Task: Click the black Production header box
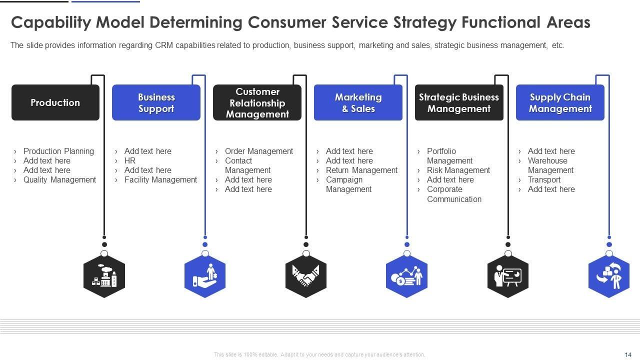click(x=55, y=102)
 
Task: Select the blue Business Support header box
click(x=156, y=102)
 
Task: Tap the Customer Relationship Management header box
click(x=257, y=102)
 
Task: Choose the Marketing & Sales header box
click(x=358, y=102)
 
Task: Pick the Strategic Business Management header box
click(x=459, y=102)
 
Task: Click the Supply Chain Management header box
click(x=560, y=102)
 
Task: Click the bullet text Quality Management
click(x=59, y=180)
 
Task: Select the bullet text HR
click(x=130, y=160)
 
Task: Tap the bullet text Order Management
click(x=259, y=151)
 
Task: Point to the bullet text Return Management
click(x=361, y=170)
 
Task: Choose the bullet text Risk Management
click(x=458, y=170)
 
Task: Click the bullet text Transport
click(x=544, y=180)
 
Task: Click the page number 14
click(x=628, y=354)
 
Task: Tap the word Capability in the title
click(x=50, y=23)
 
